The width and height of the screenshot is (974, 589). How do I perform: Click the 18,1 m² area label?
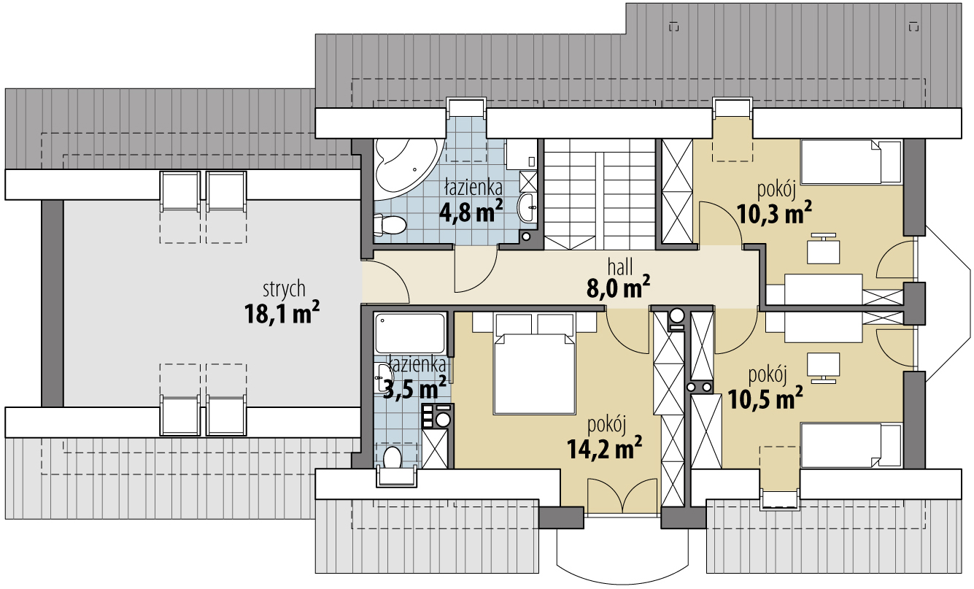pyautogui.click(x=282, y=313)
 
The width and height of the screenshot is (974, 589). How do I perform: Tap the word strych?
pyautogui.click(x=284, y=289)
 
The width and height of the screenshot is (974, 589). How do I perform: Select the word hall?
pyautogui.click(x=620, y=267)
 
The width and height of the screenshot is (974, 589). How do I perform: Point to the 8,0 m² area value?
pyautogui.click(x=618, y=287)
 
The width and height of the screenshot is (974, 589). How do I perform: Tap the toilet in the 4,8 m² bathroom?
pyautogui.click(x=390, y=225)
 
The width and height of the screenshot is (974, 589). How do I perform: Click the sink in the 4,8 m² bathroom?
pyautogui.click(x=527, y=207)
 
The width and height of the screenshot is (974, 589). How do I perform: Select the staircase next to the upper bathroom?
pyautogui.click(x=600, y=194)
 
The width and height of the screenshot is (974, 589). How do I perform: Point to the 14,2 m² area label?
pyautogui.click(x=604, y=448)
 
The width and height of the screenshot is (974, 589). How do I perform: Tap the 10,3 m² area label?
pyautogui.click(x=774, y=212)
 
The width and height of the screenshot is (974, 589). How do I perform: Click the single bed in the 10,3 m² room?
pyautogui.click(x=851, y=162)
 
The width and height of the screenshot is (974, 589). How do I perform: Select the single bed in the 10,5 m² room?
pyautogui.click(x=851, y=446)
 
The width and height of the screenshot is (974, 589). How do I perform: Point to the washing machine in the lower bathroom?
pyautogui.click(x=438, y=416)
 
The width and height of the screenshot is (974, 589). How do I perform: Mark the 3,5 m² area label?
pyautogui.click(x=414, y=388)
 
